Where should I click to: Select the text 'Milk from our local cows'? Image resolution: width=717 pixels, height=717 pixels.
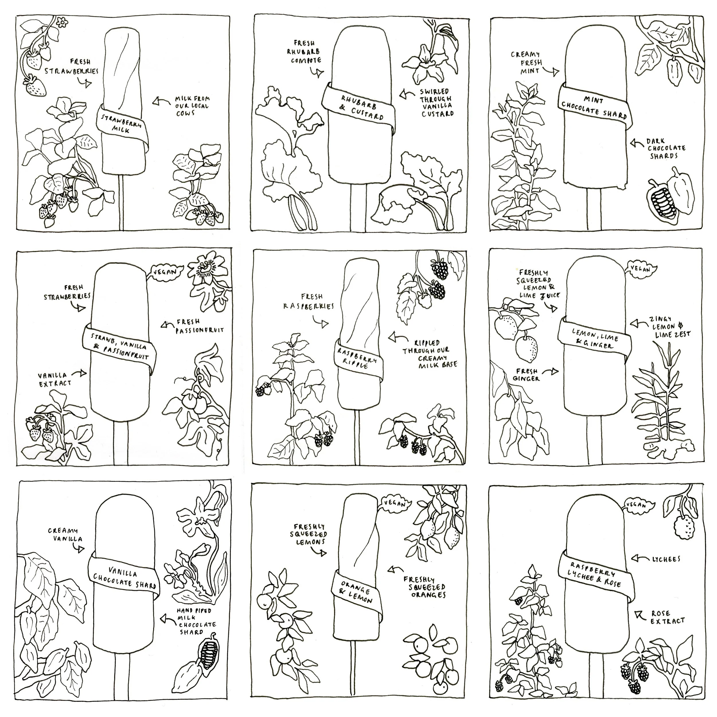[192, 106]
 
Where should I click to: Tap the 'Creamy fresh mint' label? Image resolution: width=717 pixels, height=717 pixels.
[526, 62]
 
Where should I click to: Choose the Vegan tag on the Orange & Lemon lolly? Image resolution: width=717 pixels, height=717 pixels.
[394, 503]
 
